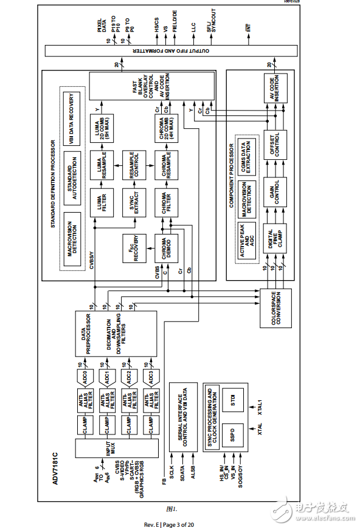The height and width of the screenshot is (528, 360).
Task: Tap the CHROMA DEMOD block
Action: pos(166,250)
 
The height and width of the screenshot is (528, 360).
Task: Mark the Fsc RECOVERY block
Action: pos(134,250)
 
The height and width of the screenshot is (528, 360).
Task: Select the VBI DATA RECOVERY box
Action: pos(71,113)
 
